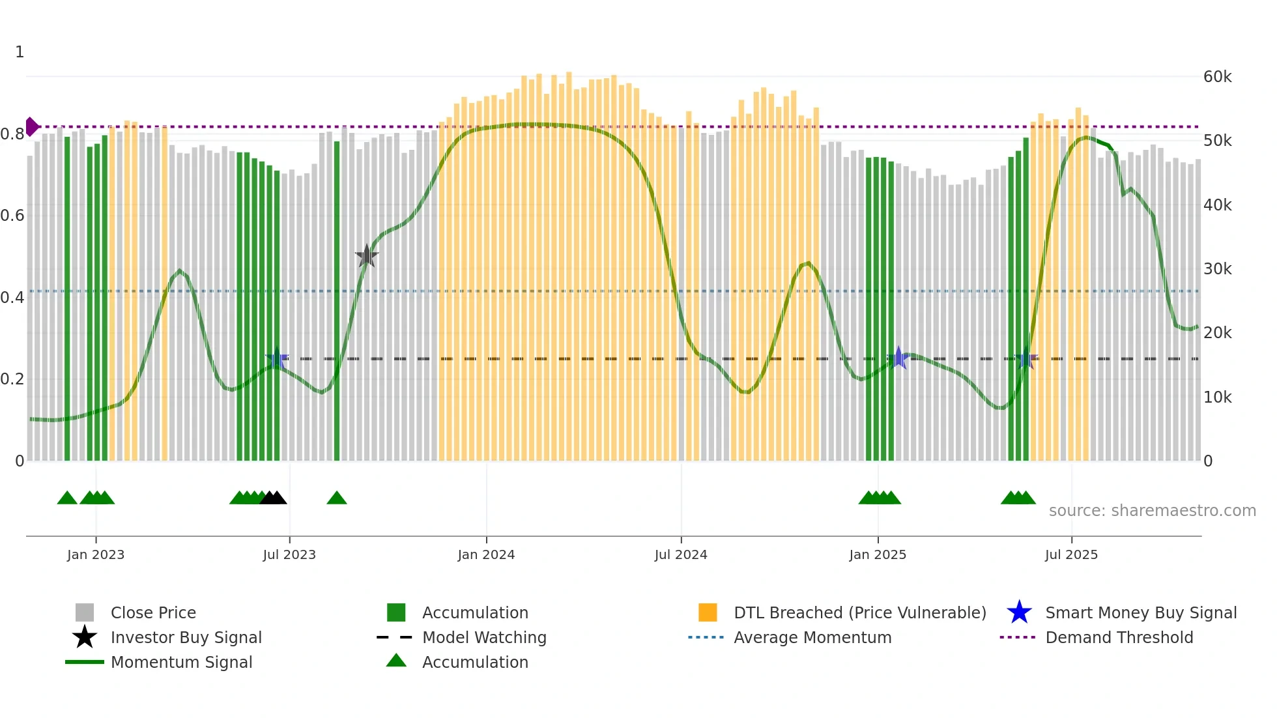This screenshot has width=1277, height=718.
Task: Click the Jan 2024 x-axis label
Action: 486,554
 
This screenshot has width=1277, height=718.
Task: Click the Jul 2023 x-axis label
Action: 289,554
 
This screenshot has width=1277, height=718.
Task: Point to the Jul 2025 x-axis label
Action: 1071,554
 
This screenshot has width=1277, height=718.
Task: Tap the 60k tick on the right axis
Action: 1217,77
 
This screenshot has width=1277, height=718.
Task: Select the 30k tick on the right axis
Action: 1217,269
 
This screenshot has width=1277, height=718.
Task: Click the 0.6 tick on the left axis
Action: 12,216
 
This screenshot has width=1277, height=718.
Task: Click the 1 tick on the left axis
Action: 20,52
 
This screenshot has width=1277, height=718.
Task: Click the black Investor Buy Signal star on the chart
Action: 367,257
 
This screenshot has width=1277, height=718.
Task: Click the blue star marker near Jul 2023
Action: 277,358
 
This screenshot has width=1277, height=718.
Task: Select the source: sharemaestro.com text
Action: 1152,511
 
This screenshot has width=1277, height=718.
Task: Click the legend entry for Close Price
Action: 153,613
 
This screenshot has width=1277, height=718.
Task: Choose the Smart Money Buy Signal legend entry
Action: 1140,613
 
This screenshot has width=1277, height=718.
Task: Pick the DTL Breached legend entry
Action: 859,613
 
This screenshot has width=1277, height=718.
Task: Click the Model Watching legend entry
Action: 483,638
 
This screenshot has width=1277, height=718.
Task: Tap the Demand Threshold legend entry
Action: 1119,638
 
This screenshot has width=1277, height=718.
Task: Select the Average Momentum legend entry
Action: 812,638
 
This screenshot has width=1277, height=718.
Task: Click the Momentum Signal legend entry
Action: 181,663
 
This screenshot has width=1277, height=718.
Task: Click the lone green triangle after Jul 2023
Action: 337,498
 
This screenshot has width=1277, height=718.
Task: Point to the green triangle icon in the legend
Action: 396,661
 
